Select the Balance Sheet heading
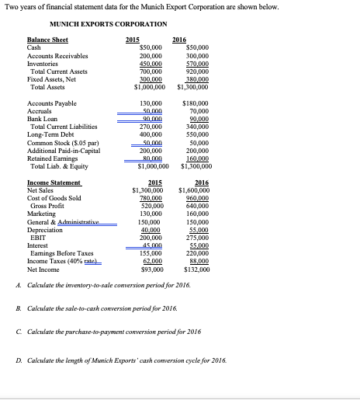pos(47,39)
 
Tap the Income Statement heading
pos(54,182)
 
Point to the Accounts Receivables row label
pos(57,56)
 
